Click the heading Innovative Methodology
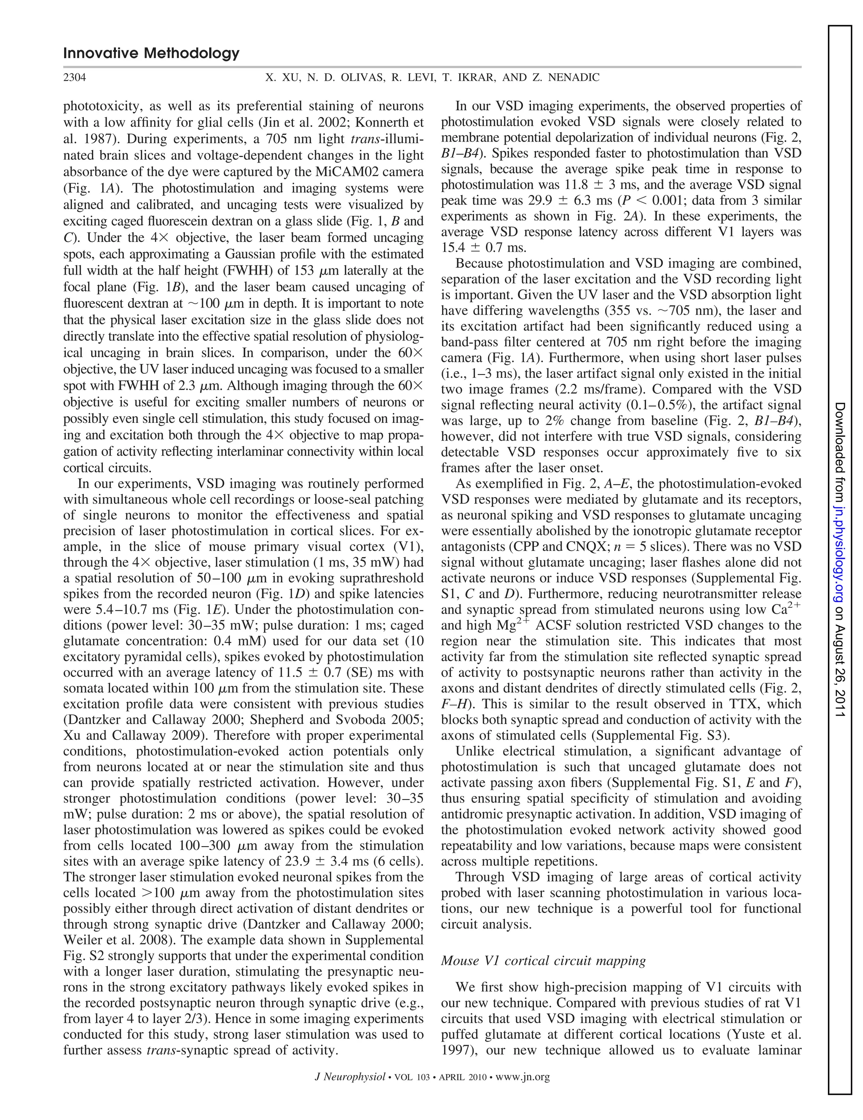(x=151, y=53)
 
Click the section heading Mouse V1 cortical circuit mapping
(x=543, y=960)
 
